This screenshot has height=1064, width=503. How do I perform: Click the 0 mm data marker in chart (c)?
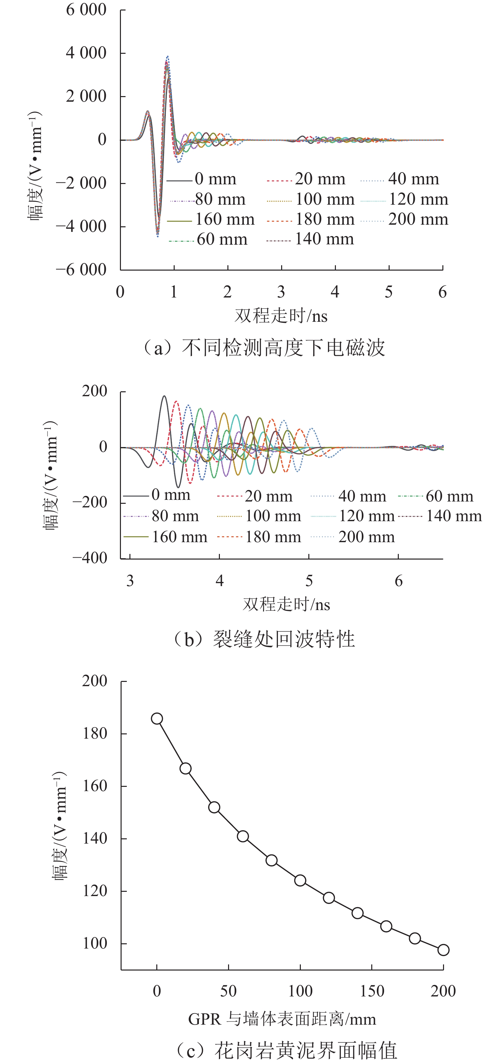point(157,719)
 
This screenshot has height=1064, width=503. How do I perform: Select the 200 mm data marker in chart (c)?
point(443,950)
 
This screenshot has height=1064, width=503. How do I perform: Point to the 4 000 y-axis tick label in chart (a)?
point(86,53)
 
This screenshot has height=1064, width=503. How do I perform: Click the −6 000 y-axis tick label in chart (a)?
point(81,270)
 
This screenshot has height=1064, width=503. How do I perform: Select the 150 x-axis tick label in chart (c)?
point(372,991)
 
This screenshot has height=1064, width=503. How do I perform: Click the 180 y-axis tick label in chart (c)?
point(94,734)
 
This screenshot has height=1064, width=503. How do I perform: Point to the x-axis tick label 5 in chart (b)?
point(309,581)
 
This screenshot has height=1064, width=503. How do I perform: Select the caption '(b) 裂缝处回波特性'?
point(264,639)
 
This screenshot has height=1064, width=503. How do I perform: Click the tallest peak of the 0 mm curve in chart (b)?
point(164,396)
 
